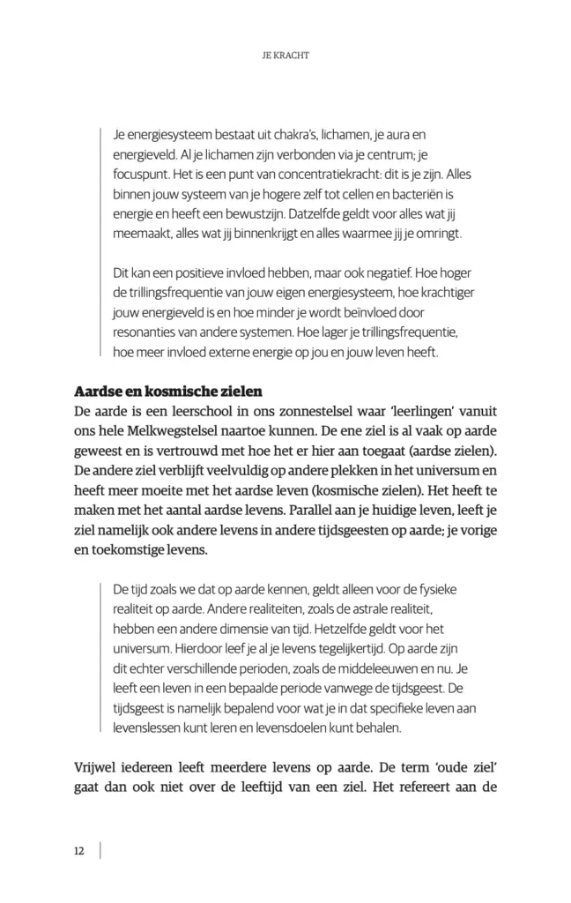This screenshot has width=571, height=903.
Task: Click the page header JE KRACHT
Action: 285,54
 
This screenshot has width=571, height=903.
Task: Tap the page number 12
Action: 78,850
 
